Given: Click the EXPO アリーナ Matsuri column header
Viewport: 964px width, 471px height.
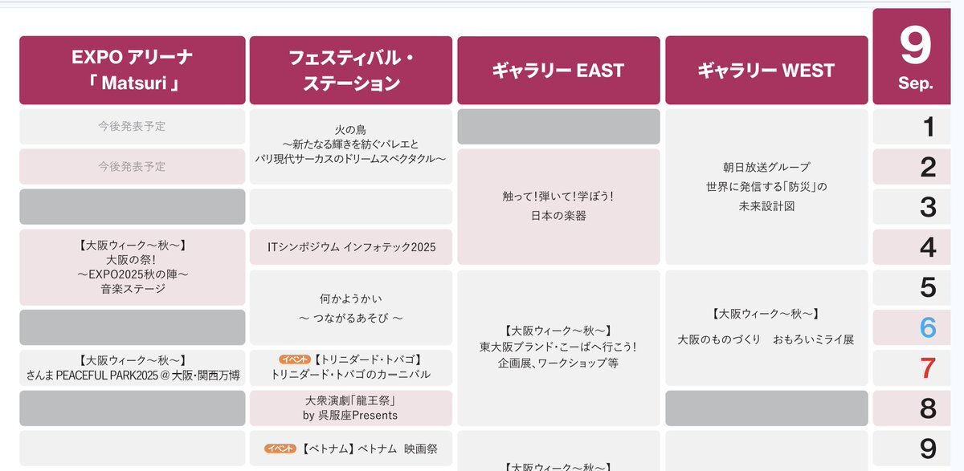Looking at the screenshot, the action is click(132, 70).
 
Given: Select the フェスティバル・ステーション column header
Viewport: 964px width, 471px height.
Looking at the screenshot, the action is click(351, 70).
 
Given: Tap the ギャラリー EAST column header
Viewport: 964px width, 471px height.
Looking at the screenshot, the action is click(558, 70).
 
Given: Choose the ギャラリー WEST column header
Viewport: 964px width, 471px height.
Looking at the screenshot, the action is click(766, 70).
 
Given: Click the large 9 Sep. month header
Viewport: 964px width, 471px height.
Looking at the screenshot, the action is click(912, 56).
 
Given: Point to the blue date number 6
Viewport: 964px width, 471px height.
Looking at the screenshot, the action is click(928, 327).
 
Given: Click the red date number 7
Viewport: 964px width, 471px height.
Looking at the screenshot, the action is click(928, 367).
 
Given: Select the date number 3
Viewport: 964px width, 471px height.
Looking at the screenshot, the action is click(928, 207).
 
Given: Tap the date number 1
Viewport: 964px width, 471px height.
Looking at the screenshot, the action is click(929, 127).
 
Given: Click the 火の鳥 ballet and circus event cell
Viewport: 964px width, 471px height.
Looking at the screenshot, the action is click(351, 147).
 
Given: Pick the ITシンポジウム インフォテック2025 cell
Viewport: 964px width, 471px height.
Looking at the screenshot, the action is click(351, 247).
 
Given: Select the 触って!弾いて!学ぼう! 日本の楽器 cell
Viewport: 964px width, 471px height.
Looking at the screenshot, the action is click(558, 207).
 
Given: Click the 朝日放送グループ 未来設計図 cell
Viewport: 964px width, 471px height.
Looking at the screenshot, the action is click(766, 186).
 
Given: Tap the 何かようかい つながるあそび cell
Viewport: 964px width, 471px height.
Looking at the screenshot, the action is click(351, 307).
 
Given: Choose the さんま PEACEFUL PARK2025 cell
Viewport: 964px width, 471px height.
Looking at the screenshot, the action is click(132, 367).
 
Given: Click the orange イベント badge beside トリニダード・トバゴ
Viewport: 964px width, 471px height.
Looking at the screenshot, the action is click(294, 359).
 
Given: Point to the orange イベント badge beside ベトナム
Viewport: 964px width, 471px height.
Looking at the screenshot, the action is click(280, 449).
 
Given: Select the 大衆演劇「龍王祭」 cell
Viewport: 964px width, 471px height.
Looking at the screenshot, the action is click(351, 408).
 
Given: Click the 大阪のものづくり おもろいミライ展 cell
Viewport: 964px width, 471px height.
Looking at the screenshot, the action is click(766, 327).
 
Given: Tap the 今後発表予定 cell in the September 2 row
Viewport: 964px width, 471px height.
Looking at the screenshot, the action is click(132, 167).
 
